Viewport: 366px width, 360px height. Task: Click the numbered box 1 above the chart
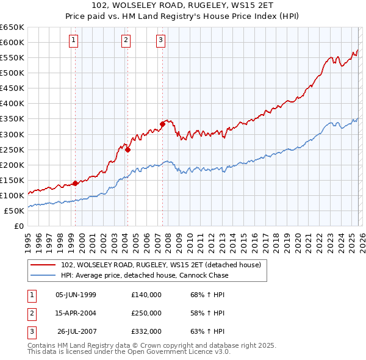(73, 41)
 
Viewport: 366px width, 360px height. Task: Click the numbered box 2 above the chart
(126, 41)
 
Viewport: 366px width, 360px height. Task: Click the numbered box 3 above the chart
(160, 41)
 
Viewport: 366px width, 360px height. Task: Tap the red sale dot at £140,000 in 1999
(75, 182)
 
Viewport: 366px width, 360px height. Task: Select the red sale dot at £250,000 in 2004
(128, 149)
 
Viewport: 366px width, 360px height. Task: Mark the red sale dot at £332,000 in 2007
(163, 124)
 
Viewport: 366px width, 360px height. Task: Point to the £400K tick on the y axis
(12, 103)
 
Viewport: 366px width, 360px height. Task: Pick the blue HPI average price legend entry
(145, 275)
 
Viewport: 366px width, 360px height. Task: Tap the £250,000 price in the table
(146, 313)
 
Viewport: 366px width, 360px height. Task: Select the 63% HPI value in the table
(207, 332)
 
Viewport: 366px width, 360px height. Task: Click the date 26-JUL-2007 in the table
(76, 332)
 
